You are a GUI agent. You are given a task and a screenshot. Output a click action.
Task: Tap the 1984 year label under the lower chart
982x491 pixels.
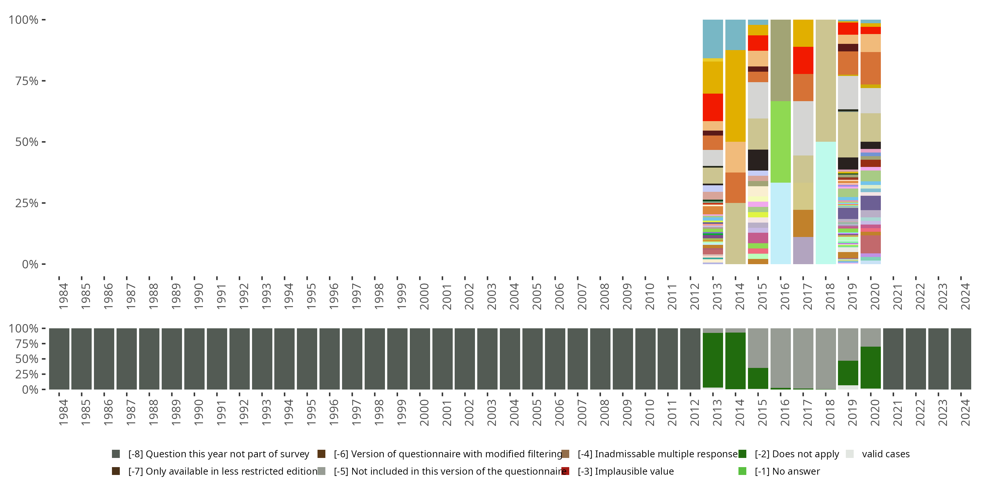[x=63, y=412]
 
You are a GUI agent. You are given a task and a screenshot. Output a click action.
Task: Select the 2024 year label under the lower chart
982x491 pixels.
[x=965, y=412]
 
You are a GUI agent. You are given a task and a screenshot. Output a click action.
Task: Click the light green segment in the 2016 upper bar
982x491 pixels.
[x=780, y=142]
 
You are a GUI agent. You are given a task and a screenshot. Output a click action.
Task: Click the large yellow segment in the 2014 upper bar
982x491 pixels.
[x=736, y=96]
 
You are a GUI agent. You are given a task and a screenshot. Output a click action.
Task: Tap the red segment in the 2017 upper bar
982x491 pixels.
[x=803, y=60]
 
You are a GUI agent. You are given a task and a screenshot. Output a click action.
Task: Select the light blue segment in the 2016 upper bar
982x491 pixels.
[x=780, y=223]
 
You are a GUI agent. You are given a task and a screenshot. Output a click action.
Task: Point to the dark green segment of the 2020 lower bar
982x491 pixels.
[x=870, y=368]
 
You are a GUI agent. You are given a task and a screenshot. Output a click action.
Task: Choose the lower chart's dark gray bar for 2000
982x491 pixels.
[x=420, y=359]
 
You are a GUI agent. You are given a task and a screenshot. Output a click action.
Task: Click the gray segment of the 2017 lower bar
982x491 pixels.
[x=803, y=358]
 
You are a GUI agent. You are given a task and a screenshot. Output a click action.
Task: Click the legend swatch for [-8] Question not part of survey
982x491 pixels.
[x=116, y=454]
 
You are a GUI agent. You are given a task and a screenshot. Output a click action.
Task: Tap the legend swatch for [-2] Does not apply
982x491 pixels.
[x=742, y=454]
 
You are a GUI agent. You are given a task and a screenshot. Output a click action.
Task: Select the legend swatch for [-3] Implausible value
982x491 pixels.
[x=565, y=471]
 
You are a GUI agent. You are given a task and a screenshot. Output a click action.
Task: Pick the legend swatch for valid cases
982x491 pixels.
[x=849, y=454]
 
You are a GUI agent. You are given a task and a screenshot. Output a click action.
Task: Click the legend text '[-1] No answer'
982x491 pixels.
[x=787, y=471]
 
